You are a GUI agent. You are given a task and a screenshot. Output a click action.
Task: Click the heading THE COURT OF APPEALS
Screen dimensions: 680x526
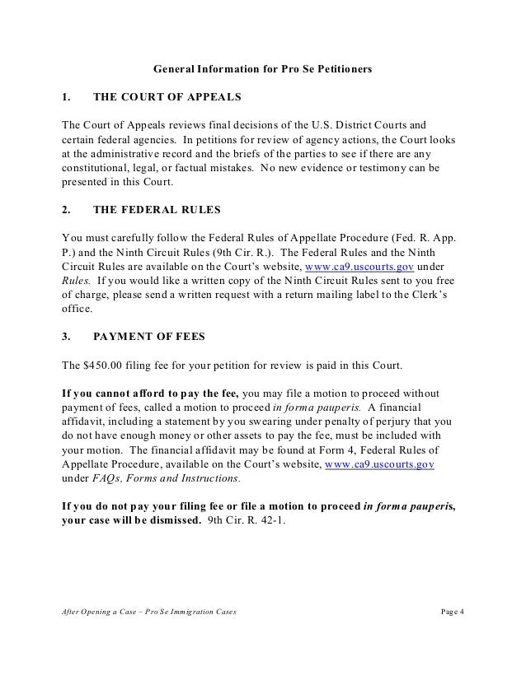click(167, 97)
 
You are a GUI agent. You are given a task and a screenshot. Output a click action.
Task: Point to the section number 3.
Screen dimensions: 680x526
click(67, 336)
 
